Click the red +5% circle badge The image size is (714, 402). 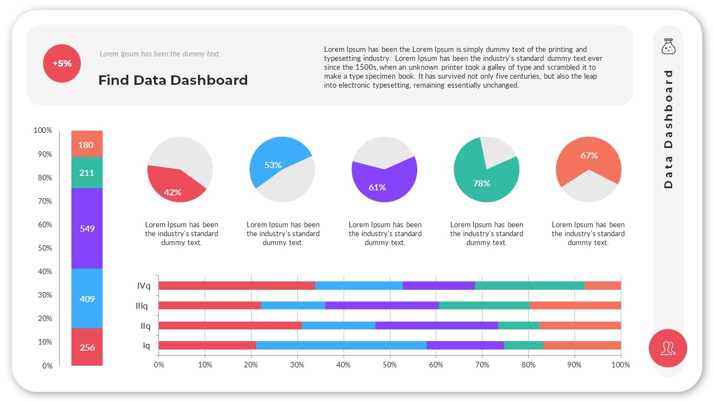62,64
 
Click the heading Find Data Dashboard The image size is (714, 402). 173,80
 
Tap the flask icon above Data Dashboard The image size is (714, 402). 668,47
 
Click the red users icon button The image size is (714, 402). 668,348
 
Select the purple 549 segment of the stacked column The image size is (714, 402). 87,228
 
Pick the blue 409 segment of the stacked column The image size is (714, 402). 87,299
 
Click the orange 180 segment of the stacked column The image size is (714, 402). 87,145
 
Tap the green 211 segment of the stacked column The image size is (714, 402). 87,173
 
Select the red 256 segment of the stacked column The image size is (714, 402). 87,347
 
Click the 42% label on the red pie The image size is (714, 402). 172,192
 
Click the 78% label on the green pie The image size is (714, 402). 481,183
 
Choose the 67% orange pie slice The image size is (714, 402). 589,156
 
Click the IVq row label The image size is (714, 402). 144,286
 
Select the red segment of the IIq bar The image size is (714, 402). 230,326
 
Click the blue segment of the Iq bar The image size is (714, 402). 341,345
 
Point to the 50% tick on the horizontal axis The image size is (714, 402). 389,365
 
